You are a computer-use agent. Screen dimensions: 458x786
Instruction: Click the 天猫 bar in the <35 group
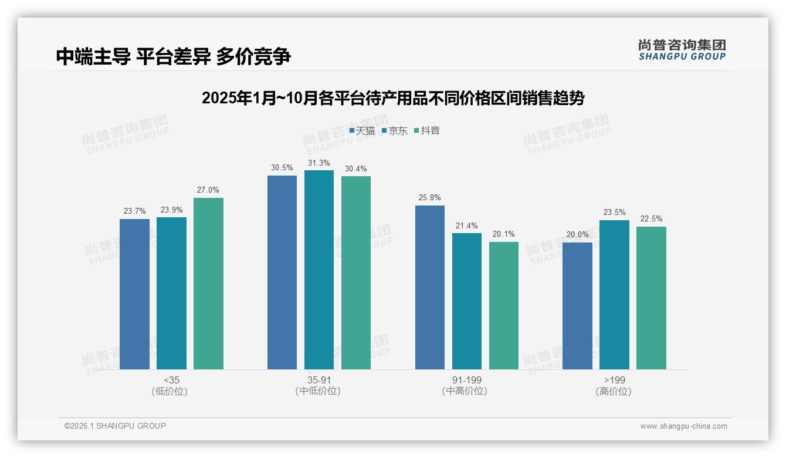[x=134, y=294]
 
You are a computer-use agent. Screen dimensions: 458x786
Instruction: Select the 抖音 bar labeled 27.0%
[x=208, y=283]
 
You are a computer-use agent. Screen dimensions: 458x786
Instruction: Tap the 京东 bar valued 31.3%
[x=319, y=270]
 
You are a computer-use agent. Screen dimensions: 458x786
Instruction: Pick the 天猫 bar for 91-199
[x=429, y=287]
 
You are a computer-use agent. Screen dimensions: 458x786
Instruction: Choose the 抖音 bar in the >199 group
[x=651, y=298]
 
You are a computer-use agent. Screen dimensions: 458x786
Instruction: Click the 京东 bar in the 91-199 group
[x=467, y=301]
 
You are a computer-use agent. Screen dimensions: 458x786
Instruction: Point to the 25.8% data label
[x=429, y=198]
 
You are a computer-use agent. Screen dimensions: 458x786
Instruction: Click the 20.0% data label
[x=577, y=235]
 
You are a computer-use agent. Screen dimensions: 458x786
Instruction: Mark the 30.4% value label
[x=355, y=169]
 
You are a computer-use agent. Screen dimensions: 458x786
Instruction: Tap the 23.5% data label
[x=614, y=213]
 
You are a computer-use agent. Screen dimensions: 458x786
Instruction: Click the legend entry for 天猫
[x=362, y=131]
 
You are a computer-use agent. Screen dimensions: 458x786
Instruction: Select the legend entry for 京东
[x=395, y=131]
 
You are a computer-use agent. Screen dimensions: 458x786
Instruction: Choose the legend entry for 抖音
[x=427, y=131]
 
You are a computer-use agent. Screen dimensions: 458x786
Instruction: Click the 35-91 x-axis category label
[x=319, y=380]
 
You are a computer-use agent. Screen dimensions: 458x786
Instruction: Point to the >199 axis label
[x=614, y=380]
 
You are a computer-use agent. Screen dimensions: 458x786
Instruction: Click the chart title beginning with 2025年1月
[x=392, y=98]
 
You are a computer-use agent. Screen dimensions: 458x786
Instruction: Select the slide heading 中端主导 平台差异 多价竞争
[x=174, y=56]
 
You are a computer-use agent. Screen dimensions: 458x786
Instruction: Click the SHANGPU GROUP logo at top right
[x=682, y=50]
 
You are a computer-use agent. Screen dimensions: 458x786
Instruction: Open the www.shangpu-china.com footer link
[x=683, y=426]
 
